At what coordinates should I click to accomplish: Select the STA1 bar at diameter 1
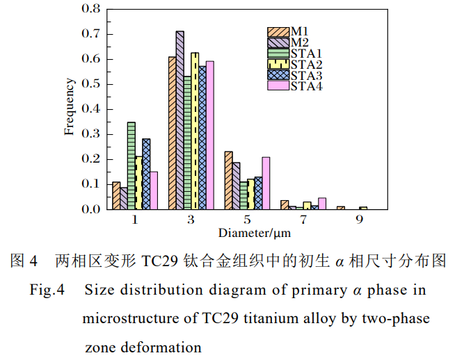pos(131,165)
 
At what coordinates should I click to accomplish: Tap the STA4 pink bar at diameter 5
pos(266,183)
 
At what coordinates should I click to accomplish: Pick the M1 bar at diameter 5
pos(228,180)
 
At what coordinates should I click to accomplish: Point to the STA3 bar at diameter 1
pos(146,174)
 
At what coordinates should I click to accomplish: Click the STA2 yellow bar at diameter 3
pos(195,131)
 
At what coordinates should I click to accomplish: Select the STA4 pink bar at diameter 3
pos(210,135)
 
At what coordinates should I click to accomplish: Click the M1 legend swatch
pos(278,32)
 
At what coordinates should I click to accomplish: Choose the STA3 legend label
pos(306,75)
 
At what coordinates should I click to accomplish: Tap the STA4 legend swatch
pos(278,85)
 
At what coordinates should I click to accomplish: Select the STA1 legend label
pos(306,54)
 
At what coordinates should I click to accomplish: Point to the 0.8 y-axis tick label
pos(91,9)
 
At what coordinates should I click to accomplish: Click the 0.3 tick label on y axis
pos(91,134)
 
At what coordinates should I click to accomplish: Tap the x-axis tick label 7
pos(303,220)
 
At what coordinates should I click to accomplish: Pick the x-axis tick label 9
pos(359,220)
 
